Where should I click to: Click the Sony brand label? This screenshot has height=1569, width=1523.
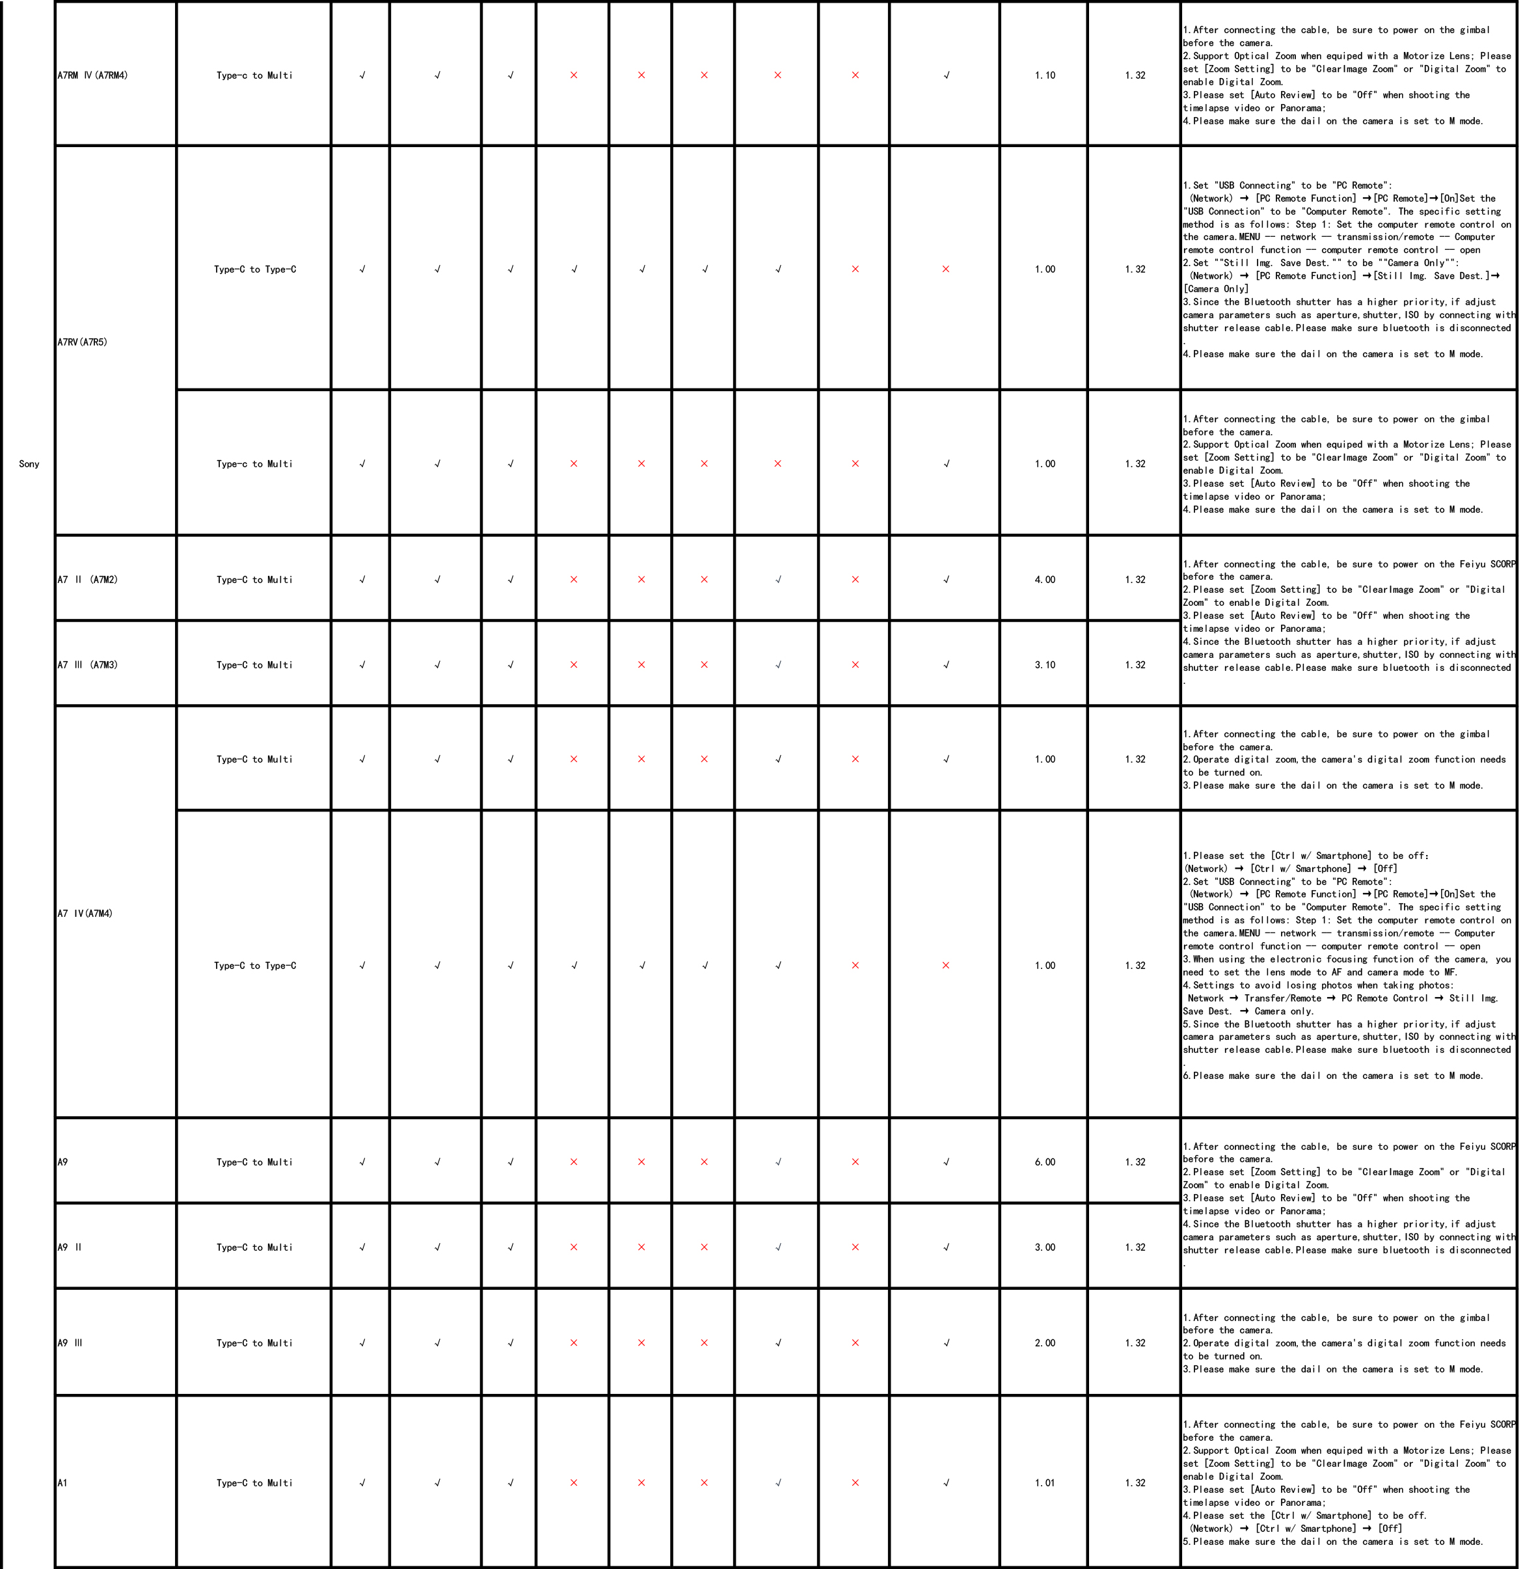tap(29, 464)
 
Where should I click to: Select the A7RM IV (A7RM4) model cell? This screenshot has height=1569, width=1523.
tap(93, 75)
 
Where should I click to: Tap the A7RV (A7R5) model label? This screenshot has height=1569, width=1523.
tap(83, 342)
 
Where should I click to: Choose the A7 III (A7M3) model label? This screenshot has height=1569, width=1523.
tap(87, 665)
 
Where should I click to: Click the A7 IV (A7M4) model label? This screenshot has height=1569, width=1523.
tap(85, 914)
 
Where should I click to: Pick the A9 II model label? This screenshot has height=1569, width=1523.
tap(70, 1247)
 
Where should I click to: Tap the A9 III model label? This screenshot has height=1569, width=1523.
tap(70, 1343)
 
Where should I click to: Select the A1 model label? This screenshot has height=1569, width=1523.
tap(62, 1483)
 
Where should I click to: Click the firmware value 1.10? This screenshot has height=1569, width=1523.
tap(1044, 75)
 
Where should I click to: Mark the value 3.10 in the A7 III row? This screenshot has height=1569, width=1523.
tap(1044, 665)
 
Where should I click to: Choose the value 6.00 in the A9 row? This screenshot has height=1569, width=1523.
tap(1044, 1162)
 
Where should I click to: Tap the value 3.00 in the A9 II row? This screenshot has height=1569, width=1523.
tap(1044, 1247)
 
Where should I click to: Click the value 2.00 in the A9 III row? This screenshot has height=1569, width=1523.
tap(1044, 1343)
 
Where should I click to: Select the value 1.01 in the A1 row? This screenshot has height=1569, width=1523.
tap(1044, 1483)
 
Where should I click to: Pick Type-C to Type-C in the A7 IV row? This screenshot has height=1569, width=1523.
tap(254, 966)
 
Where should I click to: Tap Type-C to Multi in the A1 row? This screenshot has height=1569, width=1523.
tap(254, 1483)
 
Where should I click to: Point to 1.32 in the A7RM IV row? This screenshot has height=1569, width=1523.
tap(1135, 75)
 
